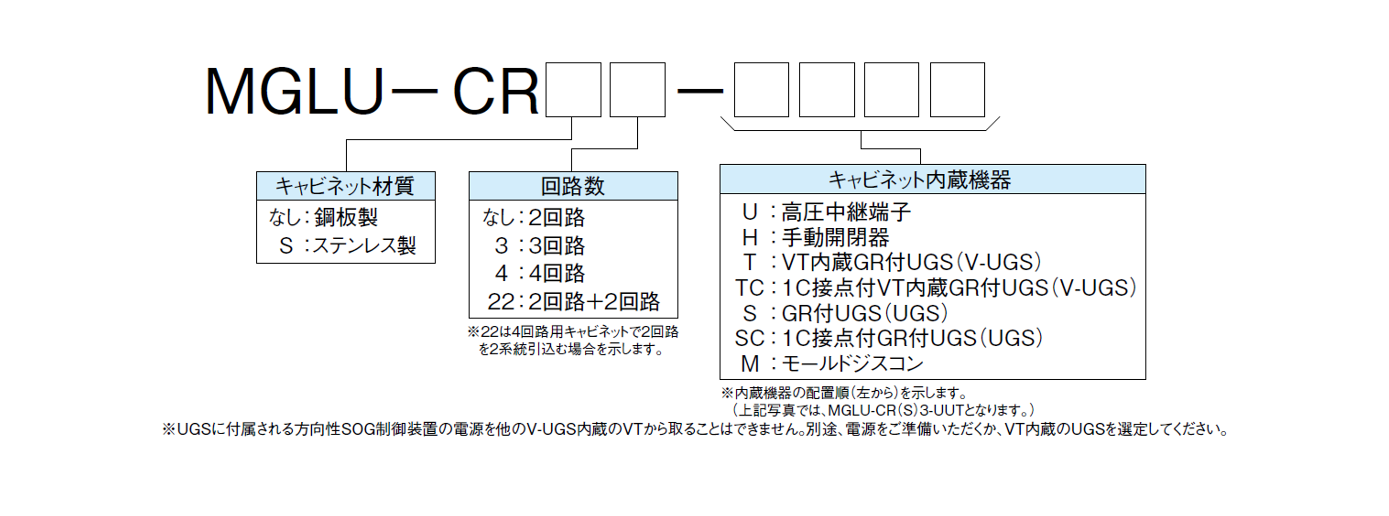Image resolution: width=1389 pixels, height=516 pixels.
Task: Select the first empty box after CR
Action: pos(573,89)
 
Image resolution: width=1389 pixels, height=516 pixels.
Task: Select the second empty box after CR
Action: pos(637,89)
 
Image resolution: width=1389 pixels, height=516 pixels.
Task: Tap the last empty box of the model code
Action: pos(957,89)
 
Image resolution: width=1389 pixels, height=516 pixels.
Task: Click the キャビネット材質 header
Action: pos(345,186)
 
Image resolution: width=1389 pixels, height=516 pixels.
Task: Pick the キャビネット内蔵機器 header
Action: pos(919,179)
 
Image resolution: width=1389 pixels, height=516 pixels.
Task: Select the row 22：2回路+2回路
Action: pos(573,301)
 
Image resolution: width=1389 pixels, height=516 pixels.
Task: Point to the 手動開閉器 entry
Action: pos(835,237)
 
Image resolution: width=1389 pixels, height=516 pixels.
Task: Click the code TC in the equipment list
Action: pos(750,288)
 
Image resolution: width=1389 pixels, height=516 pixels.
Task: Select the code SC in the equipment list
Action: pos(750,338)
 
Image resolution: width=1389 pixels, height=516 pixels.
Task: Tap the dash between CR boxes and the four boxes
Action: pos(700,91)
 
